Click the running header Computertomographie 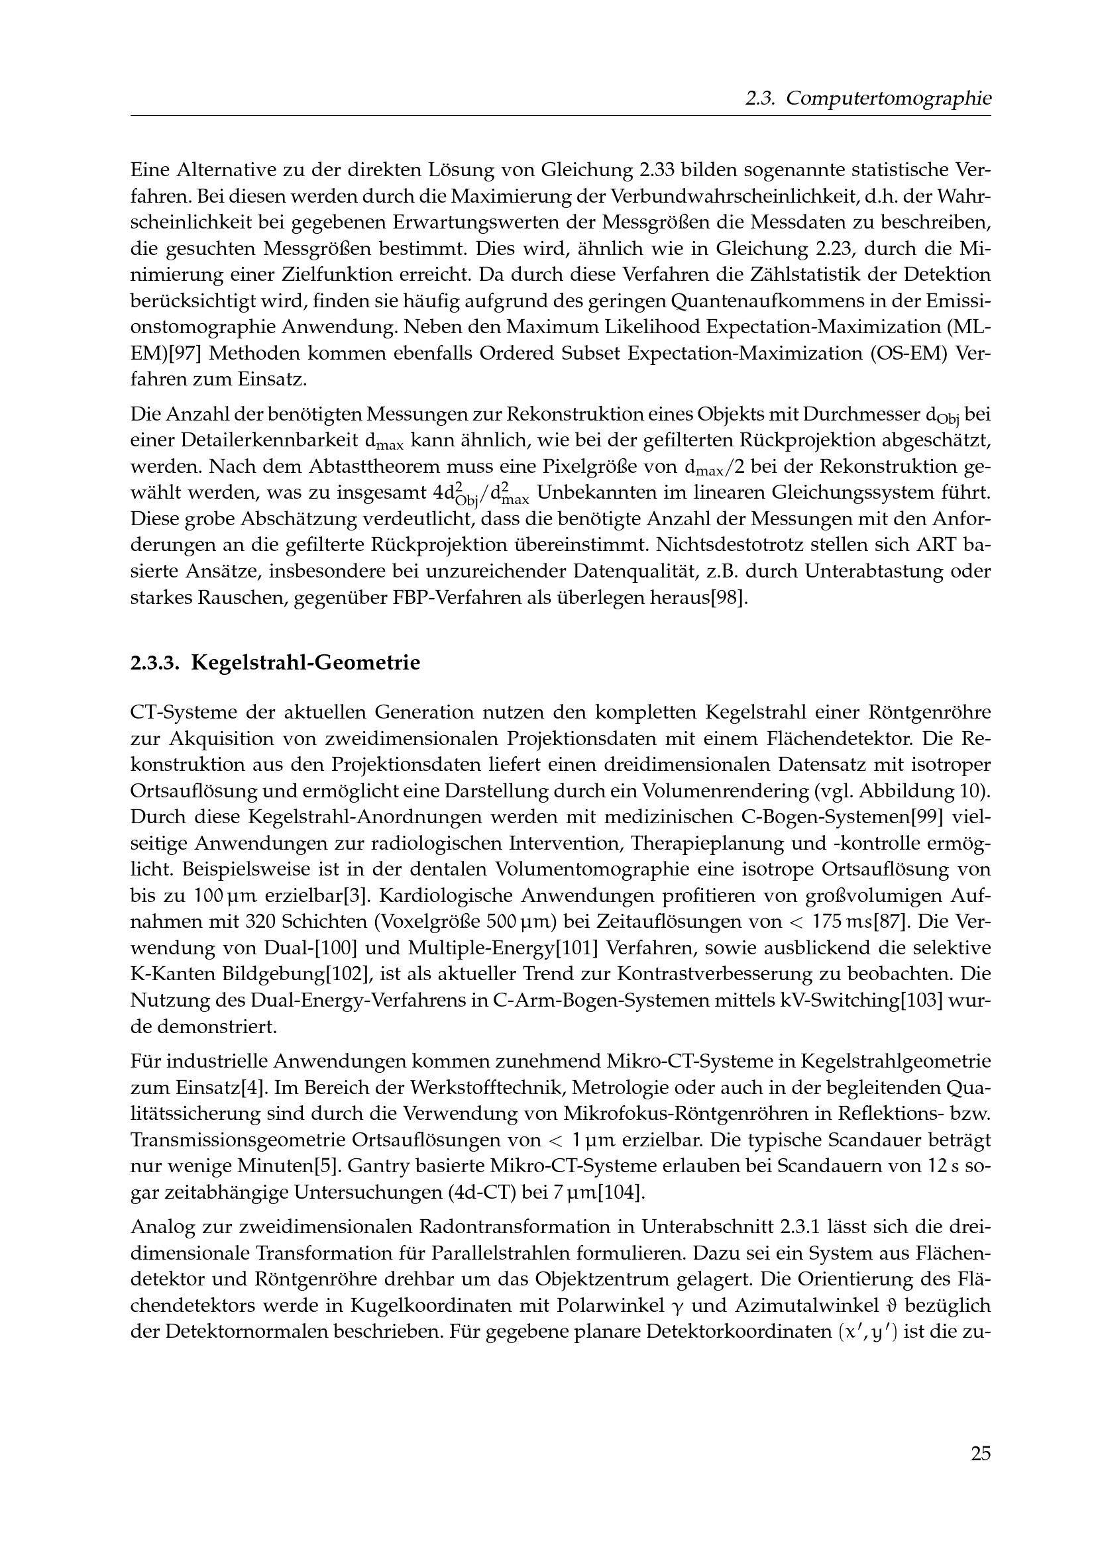coord(889,99)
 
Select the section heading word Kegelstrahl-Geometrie coord(305,662)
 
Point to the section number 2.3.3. coord(154,662)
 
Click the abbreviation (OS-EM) coord(893,353)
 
